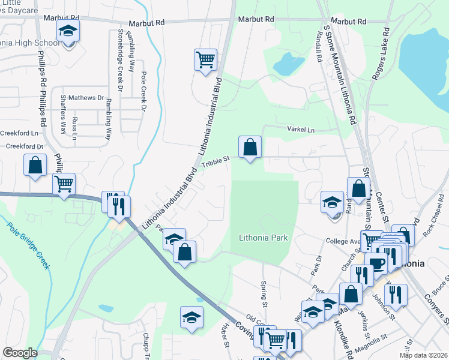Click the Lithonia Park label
point(264,238)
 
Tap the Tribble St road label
point(215,163)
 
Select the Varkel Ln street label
point(301,130)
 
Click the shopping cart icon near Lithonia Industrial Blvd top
point(205,59)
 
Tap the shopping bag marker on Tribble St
point(250,146)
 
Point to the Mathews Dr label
point(86,98)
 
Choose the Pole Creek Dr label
point(143,92)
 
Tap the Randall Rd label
point(321,50)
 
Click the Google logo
point(20,353)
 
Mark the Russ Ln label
point(74,128)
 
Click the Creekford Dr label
point(25,146)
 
